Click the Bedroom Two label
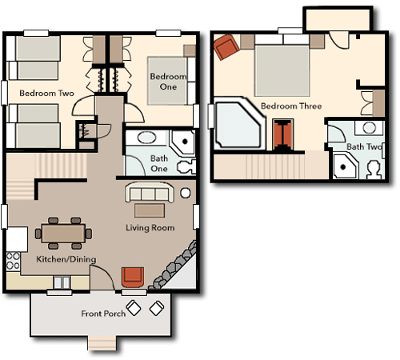[46, 94]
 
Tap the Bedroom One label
[168, 82]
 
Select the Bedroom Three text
[291, 106]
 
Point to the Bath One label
[159, 163]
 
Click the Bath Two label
[364, 146]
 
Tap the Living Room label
[150, 228]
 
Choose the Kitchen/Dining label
[66, 259]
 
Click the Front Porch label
[103, 314]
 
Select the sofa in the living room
[150, 192]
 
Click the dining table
[63, 234]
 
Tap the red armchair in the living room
[133, 277]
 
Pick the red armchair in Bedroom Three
[226, 47]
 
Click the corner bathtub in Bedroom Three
[239, 123]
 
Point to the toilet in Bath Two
[374, 170]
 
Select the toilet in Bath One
[186, 167]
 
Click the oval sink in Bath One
[146, 138]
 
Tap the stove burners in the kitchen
[13, 261]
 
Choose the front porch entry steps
[102, 343]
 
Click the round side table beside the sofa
[186, 193]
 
